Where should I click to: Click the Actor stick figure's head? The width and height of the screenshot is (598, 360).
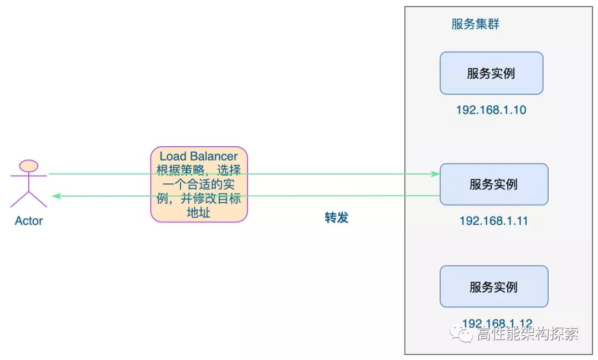pyautogui.click(x=29, y=166)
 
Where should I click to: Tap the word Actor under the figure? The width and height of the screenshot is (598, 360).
pyautogui.click(x=29, y=221)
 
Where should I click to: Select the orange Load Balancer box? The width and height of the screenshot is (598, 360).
pyautogui.click(x=199, y=184)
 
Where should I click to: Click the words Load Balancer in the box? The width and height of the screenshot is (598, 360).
pyautogui.click(x=199, y=157)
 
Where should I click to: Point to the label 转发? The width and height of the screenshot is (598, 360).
pyautogui.click(x=337, y=218)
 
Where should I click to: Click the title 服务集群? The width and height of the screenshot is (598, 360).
pyautogui.click(x=476, y=25)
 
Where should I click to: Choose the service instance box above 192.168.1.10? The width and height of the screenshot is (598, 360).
pyautogui.click(x=491, y=73)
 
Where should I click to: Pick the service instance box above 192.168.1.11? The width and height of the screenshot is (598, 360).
pyautogui.click(x=493, y=184)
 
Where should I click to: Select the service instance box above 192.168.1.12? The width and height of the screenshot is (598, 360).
pyautogui.click(x=493, y=286)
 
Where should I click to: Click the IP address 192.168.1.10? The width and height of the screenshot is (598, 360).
pyautogui.click(x=491, y=110)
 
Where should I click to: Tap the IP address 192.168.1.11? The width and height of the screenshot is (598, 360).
pyautogui.click(x=493, y=220)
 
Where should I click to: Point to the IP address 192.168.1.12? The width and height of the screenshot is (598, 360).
pyautogui.click(x=497, y=323)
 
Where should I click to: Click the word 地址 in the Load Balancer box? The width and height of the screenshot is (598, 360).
pyautogui.click(x=199, y=212)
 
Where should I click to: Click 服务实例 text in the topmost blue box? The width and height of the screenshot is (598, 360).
pyautogui.click(x=491, y=73)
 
